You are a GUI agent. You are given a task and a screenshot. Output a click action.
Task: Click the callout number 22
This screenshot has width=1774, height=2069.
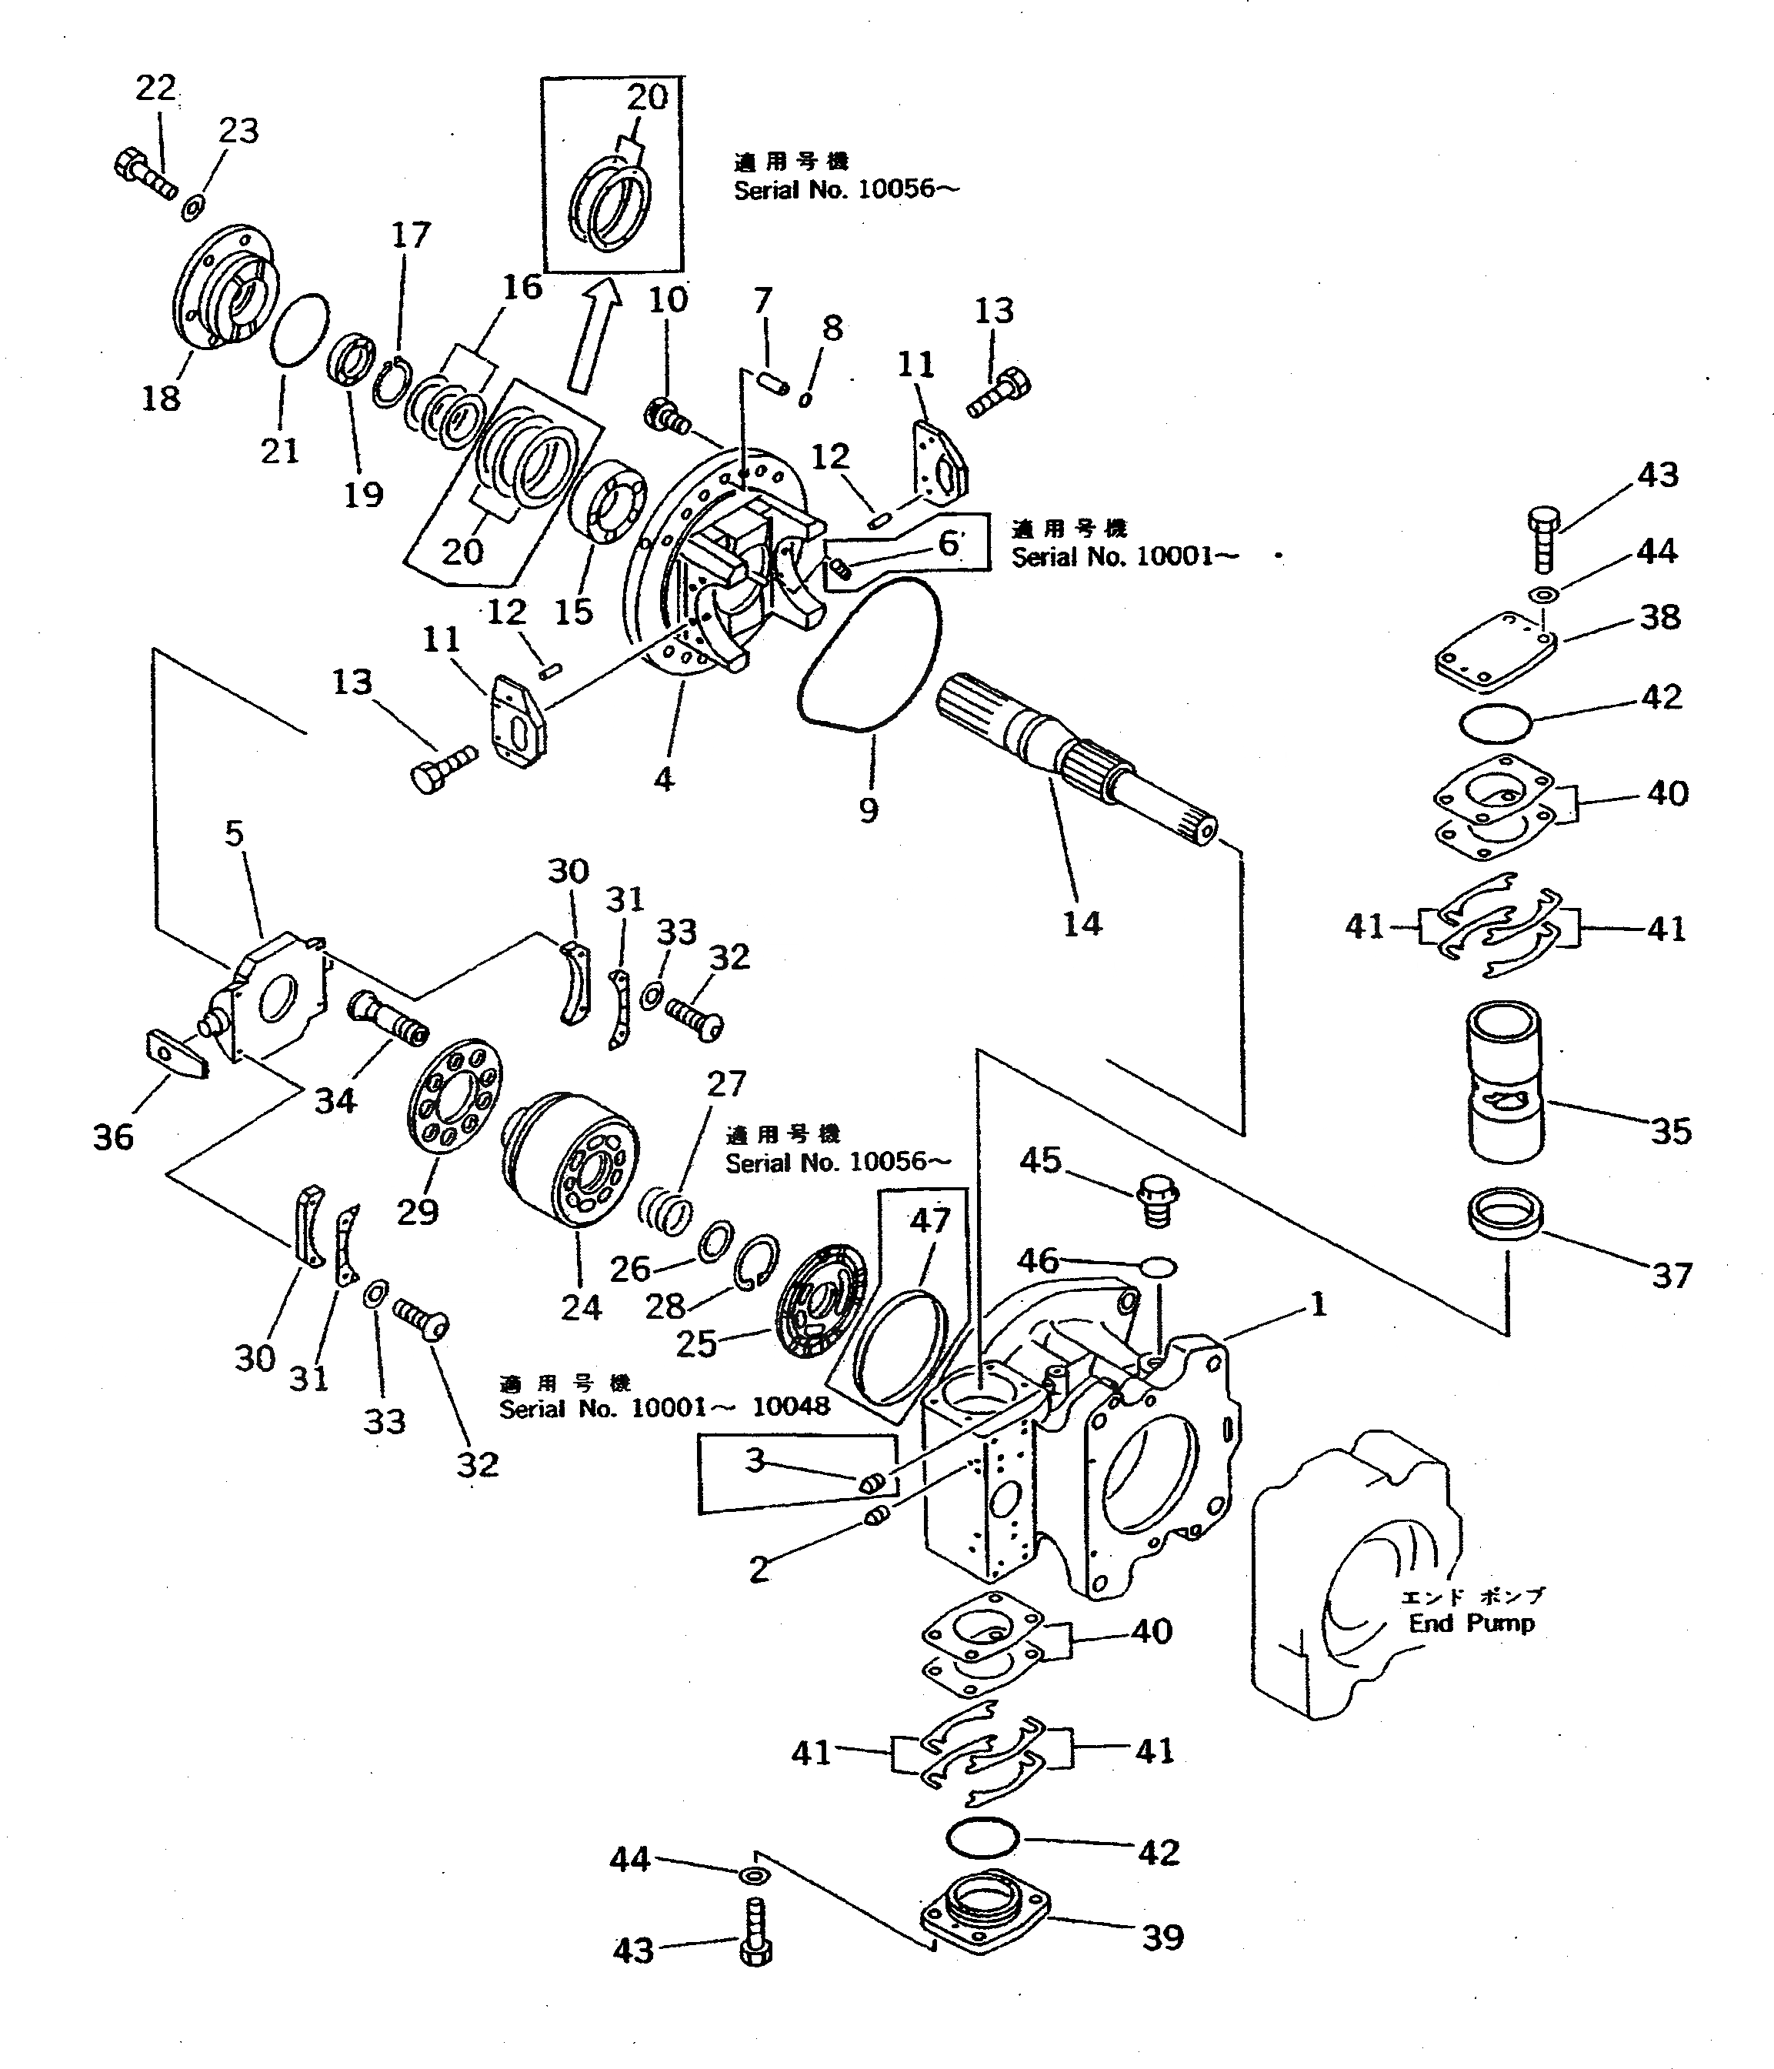click(x=155, y=88)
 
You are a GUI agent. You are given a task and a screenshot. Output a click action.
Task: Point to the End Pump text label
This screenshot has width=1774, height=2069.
click(x=1471, y=1623)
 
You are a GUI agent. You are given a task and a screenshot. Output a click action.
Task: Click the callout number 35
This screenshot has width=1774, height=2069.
click(x=1670, y=1131)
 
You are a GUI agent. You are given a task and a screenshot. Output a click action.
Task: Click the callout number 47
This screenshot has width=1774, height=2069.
click(x=929, y=1220)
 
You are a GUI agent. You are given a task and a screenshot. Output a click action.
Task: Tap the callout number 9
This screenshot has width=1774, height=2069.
click(x=869, y=809)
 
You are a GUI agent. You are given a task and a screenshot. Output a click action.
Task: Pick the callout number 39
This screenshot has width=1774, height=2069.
click(x=1163, y=1937)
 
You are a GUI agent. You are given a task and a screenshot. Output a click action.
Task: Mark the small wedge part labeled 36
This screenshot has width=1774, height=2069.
click(x=178, y=1053)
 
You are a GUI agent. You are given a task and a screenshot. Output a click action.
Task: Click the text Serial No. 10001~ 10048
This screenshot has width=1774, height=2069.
click(x=664, y=1407)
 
